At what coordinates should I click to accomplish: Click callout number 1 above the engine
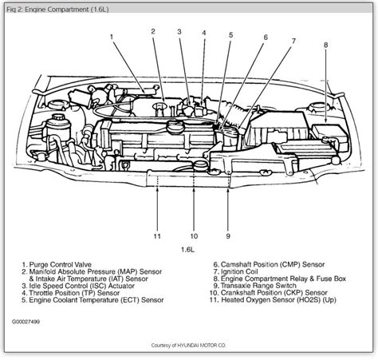112,37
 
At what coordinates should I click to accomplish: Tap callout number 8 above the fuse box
326,45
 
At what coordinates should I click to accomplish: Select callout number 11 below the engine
157,236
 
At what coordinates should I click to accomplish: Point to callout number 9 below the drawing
228,236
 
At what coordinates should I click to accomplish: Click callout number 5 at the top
230,35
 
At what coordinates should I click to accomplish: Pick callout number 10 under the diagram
194,236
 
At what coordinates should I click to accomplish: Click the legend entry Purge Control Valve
57,265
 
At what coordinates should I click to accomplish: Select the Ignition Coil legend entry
235,271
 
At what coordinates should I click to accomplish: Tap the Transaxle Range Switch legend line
254,286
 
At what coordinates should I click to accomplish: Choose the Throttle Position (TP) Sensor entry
71,293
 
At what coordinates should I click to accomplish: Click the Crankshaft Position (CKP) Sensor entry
269,293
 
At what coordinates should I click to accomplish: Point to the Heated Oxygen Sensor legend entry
273,300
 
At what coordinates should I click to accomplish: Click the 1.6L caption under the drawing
187,250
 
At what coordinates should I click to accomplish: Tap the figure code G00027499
26,322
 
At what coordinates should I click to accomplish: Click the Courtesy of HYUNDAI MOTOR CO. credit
188,346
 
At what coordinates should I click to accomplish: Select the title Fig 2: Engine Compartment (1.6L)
57,10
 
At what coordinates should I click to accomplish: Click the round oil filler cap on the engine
175,125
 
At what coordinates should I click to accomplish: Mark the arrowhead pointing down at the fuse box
326,121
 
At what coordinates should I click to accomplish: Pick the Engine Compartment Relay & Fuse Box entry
280,279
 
